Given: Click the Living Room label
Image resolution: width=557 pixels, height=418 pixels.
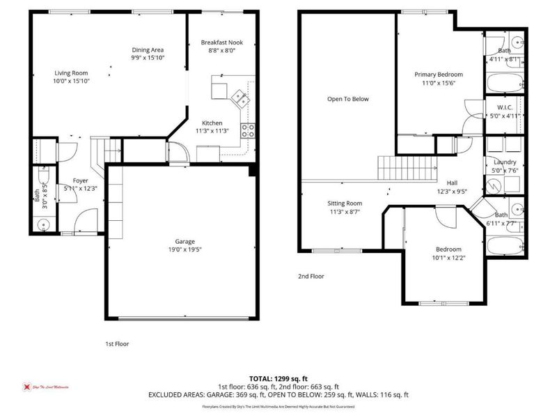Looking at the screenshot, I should [x=72, y=72].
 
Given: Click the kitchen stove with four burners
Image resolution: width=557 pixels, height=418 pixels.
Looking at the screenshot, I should [x=247, y=128].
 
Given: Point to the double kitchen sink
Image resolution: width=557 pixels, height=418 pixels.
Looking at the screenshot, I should [x=241, y=98].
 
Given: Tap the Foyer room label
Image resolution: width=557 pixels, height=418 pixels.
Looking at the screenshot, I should [x=81, y=180].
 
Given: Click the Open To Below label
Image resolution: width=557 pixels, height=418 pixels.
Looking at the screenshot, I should [x=347, y=99].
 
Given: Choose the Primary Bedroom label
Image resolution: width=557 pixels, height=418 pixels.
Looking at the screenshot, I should [x=439, y=75].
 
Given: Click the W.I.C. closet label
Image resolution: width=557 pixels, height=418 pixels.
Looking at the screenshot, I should [x=505, y=107].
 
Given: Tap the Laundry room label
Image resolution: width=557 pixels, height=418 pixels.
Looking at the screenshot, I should [x=505, y=162].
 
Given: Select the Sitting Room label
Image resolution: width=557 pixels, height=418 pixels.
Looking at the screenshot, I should [x=345, y=203].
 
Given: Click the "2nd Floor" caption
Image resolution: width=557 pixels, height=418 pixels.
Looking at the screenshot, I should [x=311, y=277].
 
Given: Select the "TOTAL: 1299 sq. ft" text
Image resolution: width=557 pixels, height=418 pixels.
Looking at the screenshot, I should [x=278, y=378].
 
